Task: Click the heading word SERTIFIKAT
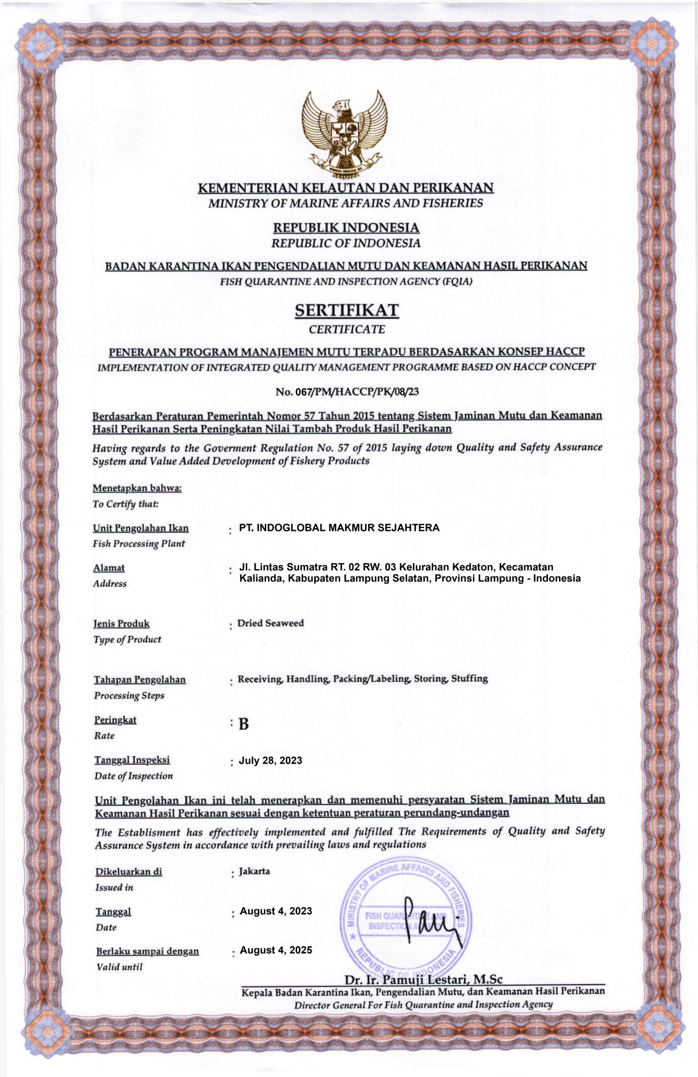(x=347, y=311)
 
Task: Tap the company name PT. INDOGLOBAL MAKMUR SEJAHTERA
(x=339, y=528)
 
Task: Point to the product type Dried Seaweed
(x=270, y=623)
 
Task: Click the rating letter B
(x=243, y=724)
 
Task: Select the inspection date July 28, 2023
(x=270, y=760)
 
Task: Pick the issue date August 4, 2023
(x=276, y=911)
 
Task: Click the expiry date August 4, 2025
(x=276, y=950)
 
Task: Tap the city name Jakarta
(x=254, y=871)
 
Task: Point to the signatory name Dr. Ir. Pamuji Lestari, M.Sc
(x=423, y=980)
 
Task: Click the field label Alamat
(x=109, y=568)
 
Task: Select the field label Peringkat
(x=115, y=720)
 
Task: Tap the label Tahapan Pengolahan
(x=140, y=680)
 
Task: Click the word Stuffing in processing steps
(x=469, y=679)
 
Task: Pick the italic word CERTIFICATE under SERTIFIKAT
(x=347, y=330)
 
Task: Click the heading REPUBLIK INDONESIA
(x=347, y=227)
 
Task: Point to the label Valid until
(x=119, y=967)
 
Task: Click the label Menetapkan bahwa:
(x=137, y=488)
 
